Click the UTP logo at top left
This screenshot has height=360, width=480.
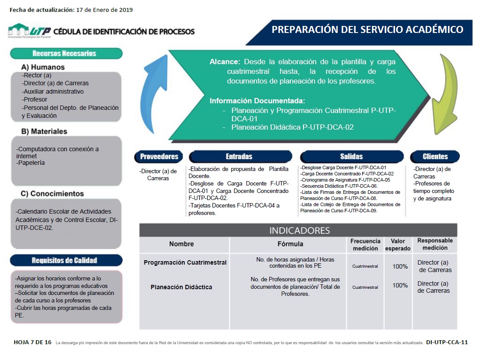[x=29, y=31]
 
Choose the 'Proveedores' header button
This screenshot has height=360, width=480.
[x=159, y=156]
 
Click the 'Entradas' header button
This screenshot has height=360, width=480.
[x=239, y=156]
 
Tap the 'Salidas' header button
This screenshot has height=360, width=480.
[x=351, y=156]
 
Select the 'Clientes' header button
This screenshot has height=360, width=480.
[x=435, y=156]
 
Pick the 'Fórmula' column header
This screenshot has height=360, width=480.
[x=290, y=244]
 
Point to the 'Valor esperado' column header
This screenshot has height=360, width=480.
[x=397, y=245]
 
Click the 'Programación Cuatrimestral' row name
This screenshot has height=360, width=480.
[x=185, y=262]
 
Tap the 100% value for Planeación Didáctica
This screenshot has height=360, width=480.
[x=400, y=285]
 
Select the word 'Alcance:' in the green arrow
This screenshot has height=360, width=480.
[x=225, y=62]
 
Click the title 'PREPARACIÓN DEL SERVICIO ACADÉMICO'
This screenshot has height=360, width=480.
[x=367, y=30]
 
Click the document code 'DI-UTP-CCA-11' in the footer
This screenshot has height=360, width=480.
[x=447, y=342]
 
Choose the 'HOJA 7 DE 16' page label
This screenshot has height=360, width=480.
[x=32, y=342]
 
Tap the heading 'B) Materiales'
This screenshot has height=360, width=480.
[x=44, y=131]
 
